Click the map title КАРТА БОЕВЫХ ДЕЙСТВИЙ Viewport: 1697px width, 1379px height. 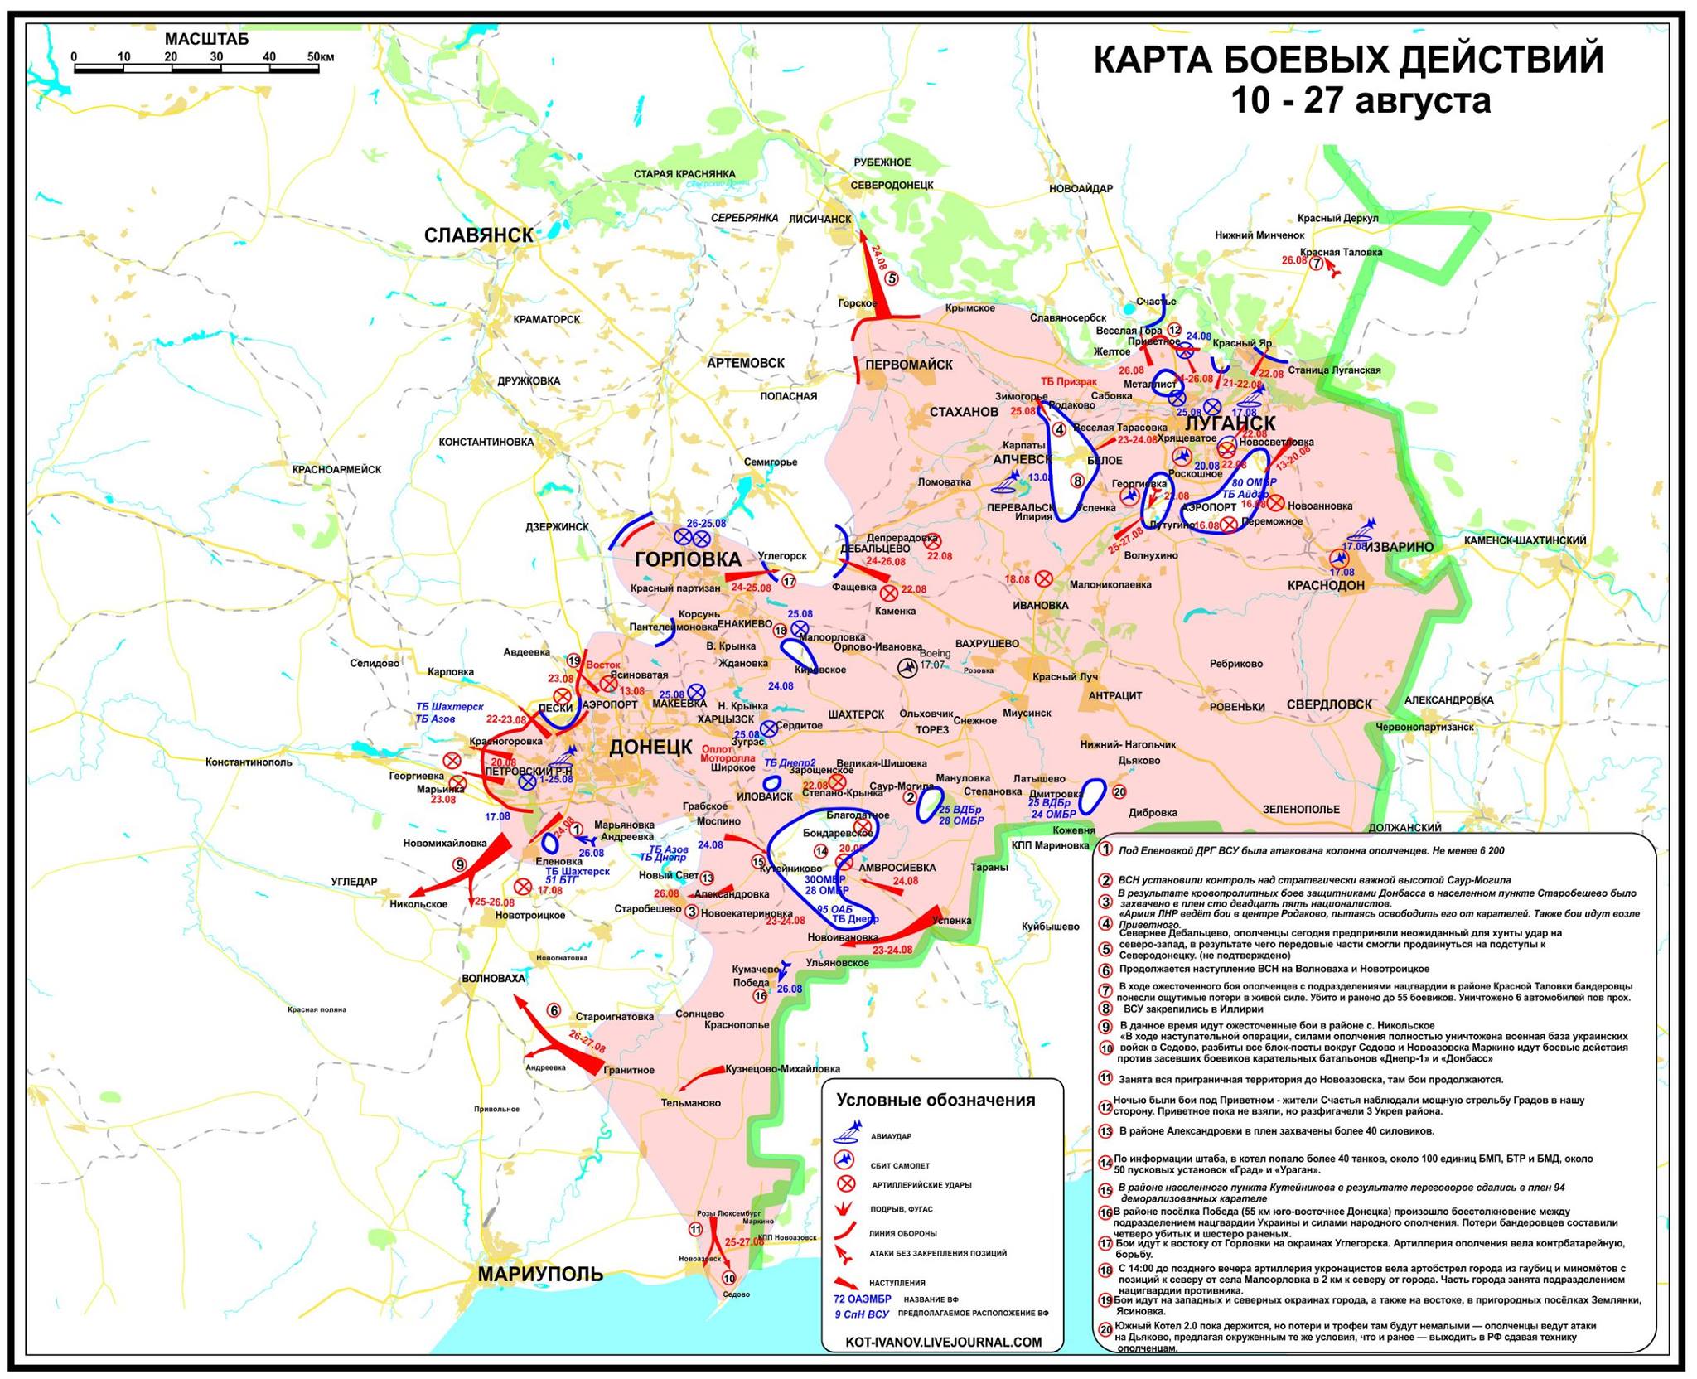click(1348, 60)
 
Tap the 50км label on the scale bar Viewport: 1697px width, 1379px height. click(320, 57)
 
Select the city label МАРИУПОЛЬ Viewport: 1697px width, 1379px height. click(539, 1273)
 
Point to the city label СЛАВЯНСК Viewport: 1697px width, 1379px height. click(479, 235)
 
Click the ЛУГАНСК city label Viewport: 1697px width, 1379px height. click(1224, 424)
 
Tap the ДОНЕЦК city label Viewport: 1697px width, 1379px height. click(650, 747)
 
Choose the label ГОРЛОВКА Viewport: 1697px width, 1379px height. click(688, 559)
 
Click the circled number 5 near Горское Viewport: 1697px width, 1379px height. click(892, 278)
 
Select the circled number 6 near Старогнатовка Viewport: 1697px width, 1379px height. click(554, 1010)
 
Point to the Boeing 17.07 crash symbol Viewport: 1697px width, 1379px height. click(908, 667)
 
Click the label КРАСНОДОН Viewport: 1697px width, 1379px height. click(1326, 585)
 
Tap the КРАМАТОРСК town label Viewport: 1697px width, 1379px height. click(546, 319)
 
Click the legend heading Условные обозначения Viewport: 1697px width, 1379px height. click(936, 1100)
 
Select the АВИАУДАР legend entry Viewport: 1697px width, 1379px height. click(891, 1136)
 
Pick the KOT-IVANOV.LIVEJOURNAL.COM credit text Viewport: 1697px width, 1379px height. click(943, 1342)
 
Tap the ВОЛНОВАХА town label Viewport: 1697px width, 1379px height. click(493, 978)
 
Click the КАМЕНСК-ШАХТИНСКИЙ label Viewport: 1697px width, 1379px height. click(1525, 540)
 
